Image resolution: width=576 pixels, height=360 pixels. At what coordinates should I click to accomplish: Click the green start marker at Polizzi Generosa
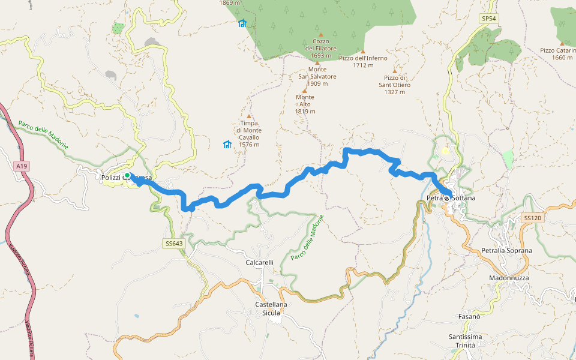point(128,176)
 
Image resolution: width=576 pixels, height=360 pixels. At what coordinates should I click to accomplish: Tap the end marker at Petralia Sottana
point(447,198)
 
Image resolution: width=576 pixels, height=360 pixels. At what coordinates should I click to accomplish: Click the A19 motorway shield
point(22,166)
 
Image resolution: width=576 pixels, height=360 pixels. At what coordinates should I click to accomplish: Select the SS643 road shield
point(172,244)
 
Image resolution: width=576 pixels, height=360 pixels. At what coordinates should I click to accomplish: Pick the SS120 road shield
point(532,218)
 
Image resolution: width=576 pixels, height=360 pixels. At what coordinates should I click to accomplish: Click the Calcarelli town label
point(260,263)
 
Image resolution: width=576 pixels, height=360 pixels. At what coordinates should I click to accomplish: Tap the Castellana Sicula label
point(271,308)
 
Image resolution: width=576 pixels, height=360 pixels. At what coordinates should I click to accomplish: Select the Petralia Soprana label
point(506,250)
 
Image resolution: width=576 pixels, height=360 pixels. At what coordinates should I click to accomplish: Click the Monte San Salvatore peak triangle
point(317,62)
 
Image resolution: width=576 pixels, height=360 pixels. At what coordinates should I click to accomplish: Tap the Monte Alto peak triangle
point(305,91)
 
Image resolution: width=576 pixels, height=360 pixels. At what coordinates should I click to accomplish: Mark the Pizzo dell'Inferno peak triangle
point(362,51)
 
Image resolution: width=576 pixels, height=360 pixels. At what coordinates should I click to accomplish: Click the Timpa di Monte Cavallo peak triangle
point(248,116)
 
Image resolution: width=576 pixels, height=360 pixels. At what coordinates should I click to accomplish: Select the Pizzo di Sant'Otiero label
point(394,81)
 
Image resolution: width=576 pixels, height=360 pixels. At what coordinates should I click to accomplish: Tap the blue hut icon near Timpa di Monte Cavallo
point(227,144)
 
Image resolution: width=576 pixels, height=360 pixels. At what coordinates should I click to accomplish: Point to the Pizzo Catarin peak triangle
point(562,43)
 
